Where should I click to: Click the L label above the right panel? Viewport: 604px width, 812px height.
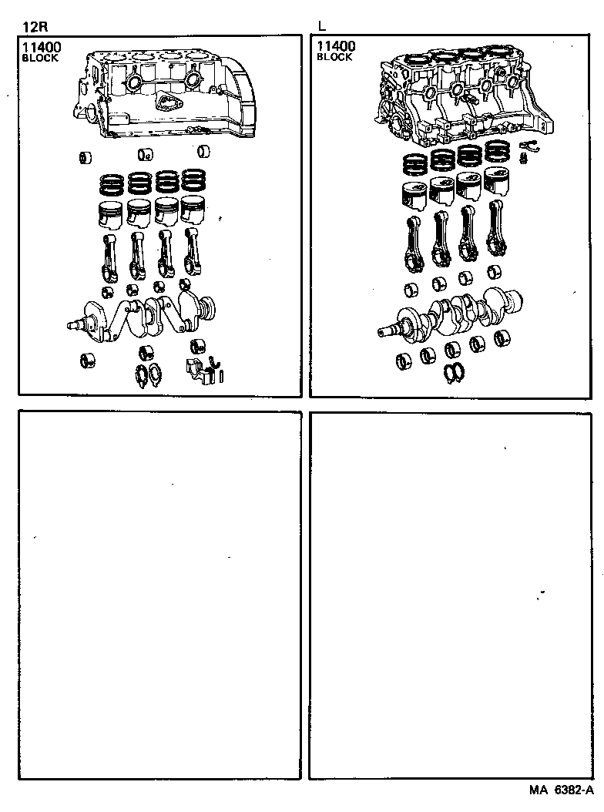tap(321, 25)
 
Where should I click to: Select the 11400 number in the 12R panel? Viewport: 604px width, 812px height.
tap(41, 48)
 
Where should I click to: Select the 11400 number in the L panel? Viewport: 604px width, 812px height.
tap(335, 48)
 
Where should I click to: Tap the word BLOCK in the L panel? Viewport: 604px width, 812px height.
tap(334, 58)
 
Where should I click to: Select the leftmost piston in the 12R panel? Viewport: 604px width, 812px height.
tap(109, 213)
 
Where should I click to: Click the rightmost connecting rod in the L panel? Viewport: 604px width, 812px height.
tap(498, 232)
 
